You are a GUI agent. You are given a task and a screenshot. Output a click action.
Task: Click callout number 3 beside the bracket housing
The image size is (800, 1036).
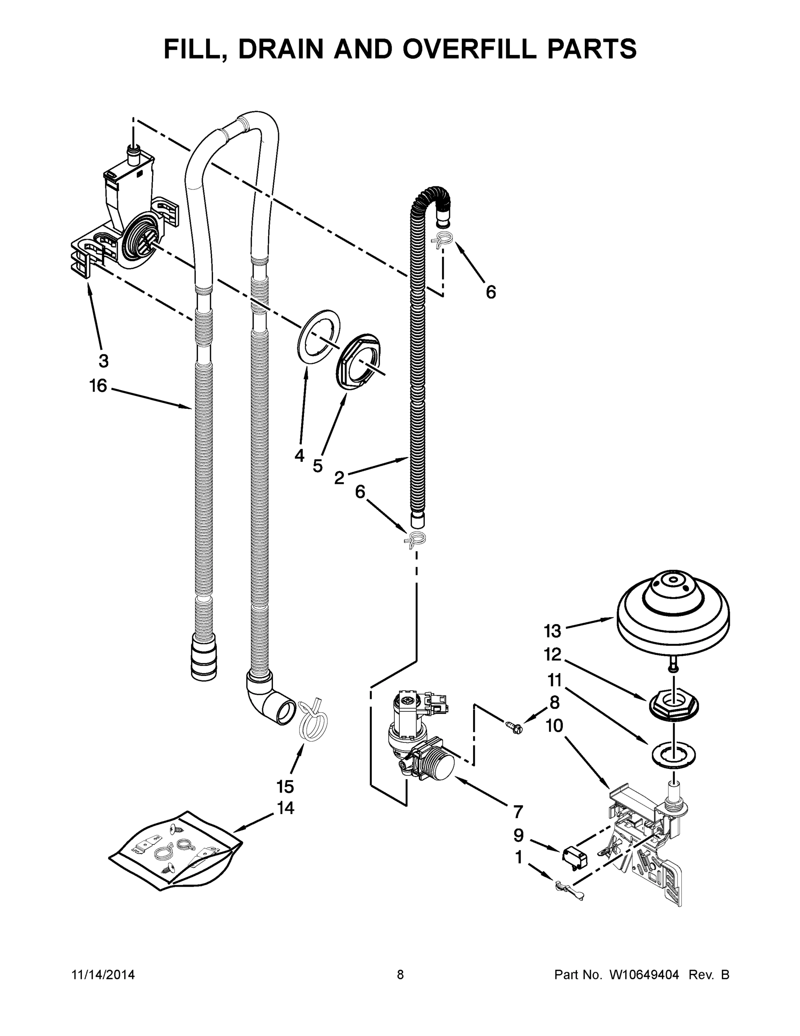click(104, 360)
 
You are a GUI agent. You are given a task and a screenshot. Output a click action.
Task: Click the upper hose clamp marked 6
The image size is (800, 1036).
click(442, 240)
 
